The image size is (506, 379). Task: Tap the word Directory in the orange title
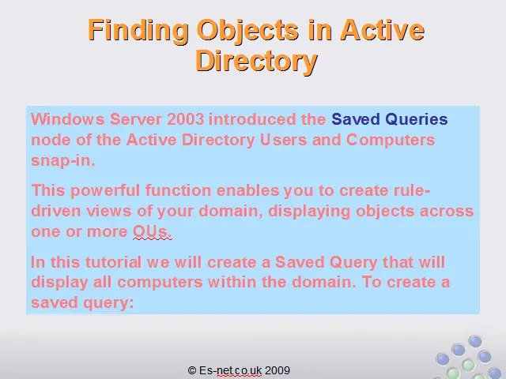coord(256,62)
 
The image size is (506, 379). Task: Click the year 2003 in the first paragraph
coord(186,119)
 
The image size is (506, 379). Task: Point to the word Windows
coord(68,119)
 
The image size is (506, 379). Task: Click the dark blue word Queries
coord(417,120)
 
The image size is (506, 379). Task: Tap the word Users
coord(283,140)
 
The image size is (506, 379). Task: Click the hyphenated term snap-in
coord(63,160)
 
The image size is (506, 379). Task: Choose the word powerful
coord(105,191)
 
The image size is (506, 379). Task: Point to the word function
coord(178,190)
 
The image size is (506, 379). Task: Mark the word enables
coord(247,190)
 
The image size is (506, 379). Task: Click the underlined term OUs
coord(153,231)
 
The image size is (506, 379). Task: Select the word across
coord(447,212)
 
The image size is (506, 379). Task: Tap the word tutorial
coord(113,262)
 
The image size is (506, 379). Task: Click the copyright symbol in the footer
coord(192,370)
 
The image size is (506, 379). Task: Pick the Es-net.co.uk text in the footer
coord(230,370)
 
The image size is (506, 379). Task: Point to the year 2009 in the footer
coord(278,370)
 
